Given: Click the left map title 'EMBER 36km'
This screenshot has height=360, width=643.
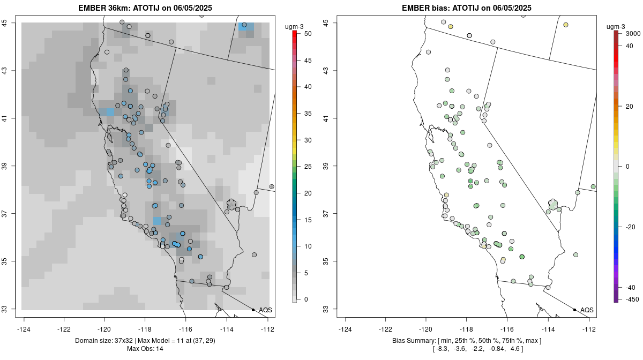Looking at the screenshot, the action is [104, 7].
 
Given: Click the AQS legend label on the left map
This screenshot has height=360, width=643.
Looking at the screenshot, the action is [265, 310].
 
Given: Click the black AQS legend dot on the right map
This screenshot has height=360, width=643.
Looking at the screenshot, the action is [574, 310].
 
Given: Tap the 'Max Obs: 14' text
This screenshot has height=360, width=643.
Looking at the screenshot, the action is [145, 349].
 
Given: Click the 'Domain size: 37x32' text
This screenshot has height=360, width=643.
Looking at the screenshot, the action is [103, 341].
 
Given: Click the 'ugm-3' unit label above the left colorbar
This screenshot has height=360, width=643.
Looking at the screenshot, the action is [294, 27].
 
